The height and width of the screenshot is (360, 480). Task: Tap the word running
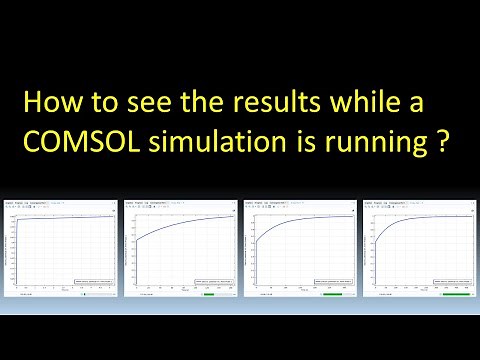click(380, 143)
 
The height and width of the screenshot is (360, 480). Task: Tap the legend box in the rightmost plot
click(449, 282)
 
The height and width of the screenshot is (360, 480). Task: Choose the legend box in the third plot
click(329, 282)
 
